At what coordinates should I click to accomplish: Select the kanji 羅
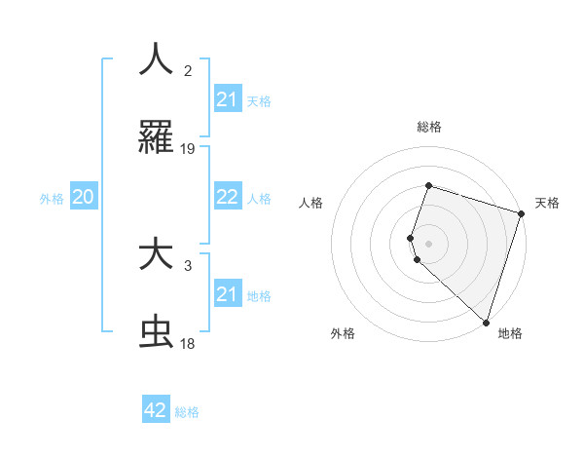coord(156,137)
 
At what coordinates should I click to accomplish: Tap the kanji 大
coord(156,254)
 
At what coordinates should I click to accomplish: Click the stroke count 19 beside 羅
coord(188,149)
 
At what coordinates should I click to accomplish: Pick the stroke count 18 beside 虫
coord(188,345)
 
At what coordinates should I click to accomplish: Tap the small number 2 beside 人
coord(188,70)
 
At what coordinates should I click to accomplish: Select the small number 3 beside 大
coord(188,265)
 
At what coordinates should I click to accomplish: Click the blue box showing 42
coord(156,410)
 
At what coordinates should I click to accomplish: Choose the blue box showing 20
coord(84,197)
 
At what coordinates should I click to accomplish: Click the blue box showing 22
coord(228,197)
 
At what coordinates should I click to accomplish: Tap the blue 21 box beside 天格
coord(228,99)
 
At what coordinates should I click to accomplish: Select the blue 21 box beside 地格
coord(228,294)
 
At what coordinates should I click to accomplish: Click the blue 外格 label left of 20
coord(52,198)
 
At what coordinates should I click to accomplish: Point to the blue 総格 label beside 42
coord(187,411)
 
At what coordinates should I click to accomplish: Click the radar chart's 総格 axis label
coord(428,127)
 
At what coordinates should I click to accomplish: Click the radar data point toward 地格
coord(486,322)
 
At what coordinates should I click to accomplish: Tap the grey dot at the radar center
coord(428,242)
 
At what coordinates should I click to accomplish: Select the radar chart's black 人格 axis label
coord(311,203)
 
